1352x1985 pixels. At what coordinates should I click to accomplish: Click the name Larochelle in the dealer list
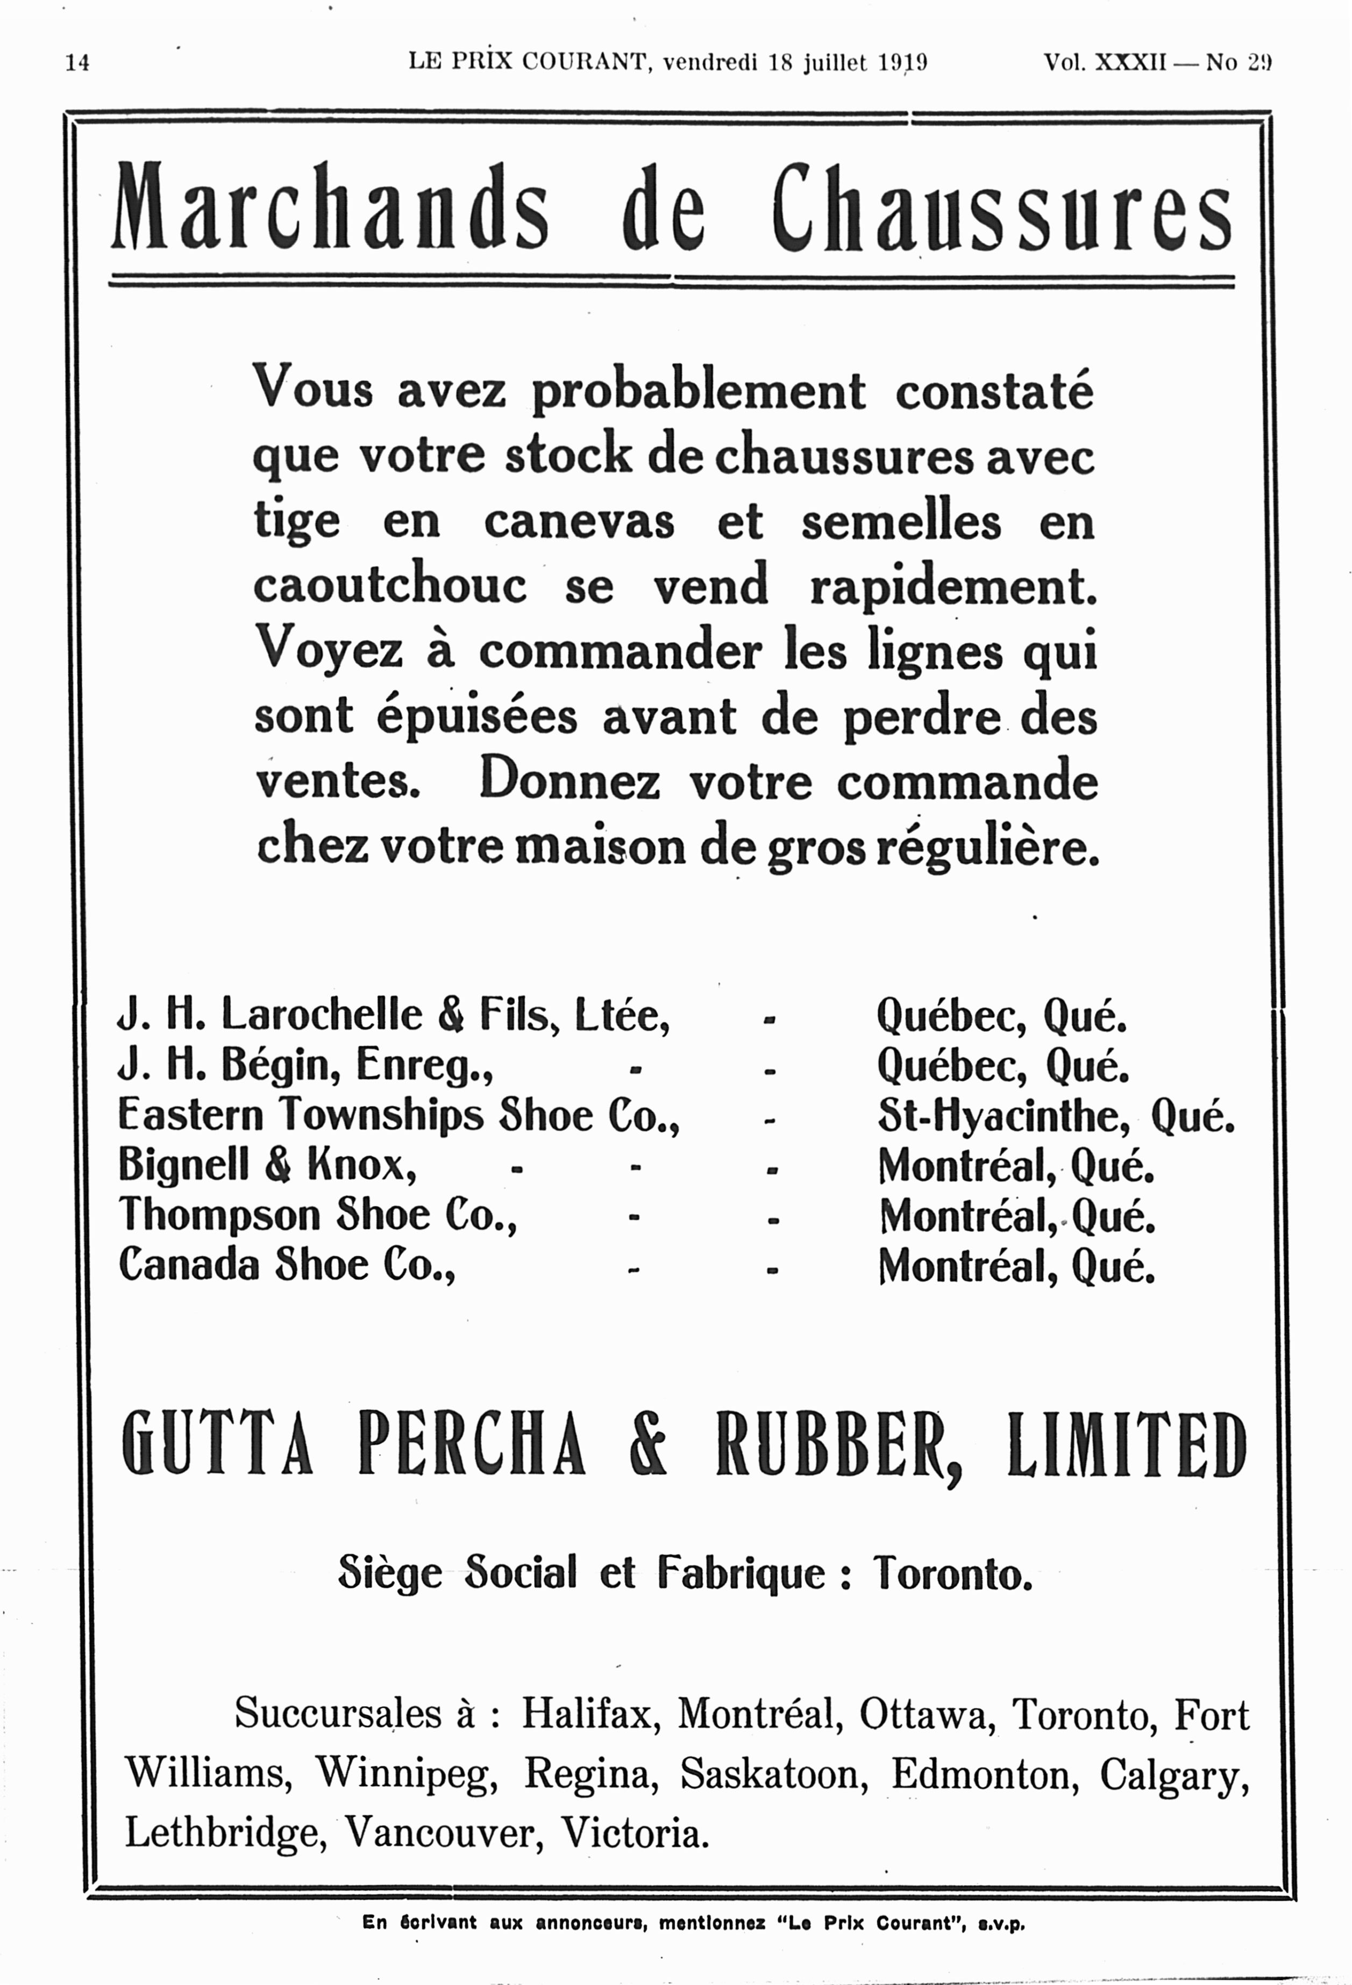(322, 1015)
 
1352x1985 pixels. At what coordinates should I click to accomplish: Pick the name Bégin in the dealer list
(279, 1065)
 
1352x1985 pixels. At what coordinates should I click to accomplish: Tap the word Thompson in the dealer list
(218, 1216)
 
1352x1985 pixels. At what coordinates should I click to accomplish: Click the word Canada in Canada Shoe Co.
(188, 1265)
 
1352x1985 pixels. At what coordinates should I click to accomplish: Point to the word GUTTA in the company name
(217, 1443)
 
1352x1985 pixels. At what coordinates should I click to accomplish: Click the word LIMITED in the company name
(1126, 1443)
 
